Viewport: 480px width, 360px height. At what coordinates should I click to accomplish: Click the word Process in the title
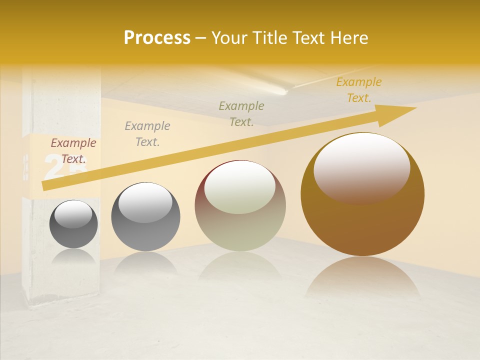tap(157, 38)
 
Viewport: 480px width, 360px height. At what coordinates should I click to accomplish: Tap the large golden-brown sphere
tap(362, 220)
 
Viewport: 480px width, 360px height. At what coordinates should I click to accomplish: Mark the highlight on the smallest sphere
tap(73, 214)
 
